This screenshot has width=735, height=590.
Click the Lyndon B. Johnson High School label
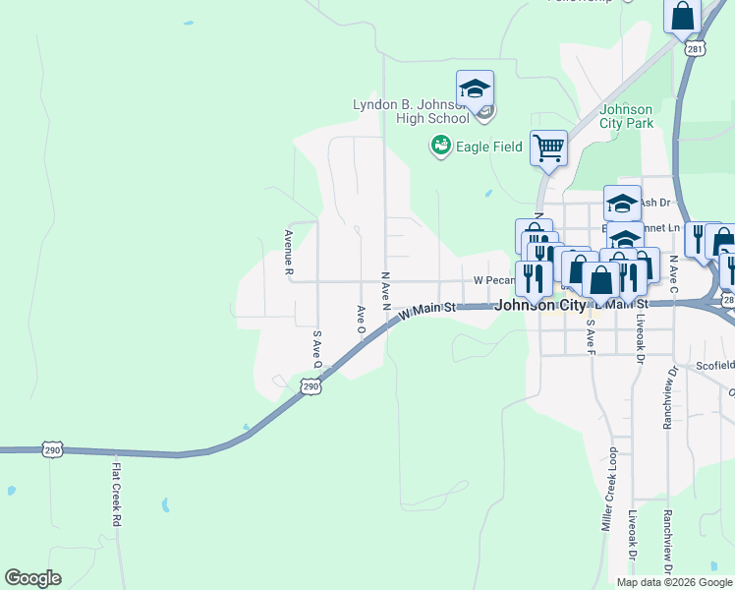click(x=411, y=111)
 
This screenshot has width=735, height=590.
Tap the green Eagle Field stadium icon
click(x=440, y=147)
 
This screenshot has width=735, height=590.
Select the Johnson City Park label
click(x=626, y=116)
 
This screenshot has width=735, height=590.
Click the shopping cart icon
click(x=548, y=148)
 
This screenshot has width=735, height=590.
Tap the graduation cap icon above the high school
click(x=475, y=88)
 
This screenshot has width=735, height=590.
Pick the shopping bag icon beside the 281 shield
click(x=682, y=17)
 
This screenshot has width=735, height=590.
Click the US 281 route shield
click(x=694, y=48)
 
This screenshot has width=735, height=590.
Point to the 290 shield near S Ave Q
click(x=311, y=387)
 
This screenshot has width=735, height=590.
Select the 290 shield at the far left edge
click(x=52, y=449)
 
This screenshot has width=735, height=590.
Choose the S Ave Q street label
click(x=317, y=349)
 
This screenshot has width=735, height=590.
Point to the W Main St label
click(x=428, y=310)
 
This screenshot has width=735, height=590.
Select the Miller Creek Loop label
click(x=612, y=486)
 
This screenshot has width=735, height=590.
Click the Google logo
click(x=32, y=578)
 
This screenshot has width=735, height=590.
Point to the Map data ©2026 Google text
click(x=673, y=582)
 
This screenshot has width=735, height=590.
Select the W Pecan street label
click(x=494, y=280)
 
